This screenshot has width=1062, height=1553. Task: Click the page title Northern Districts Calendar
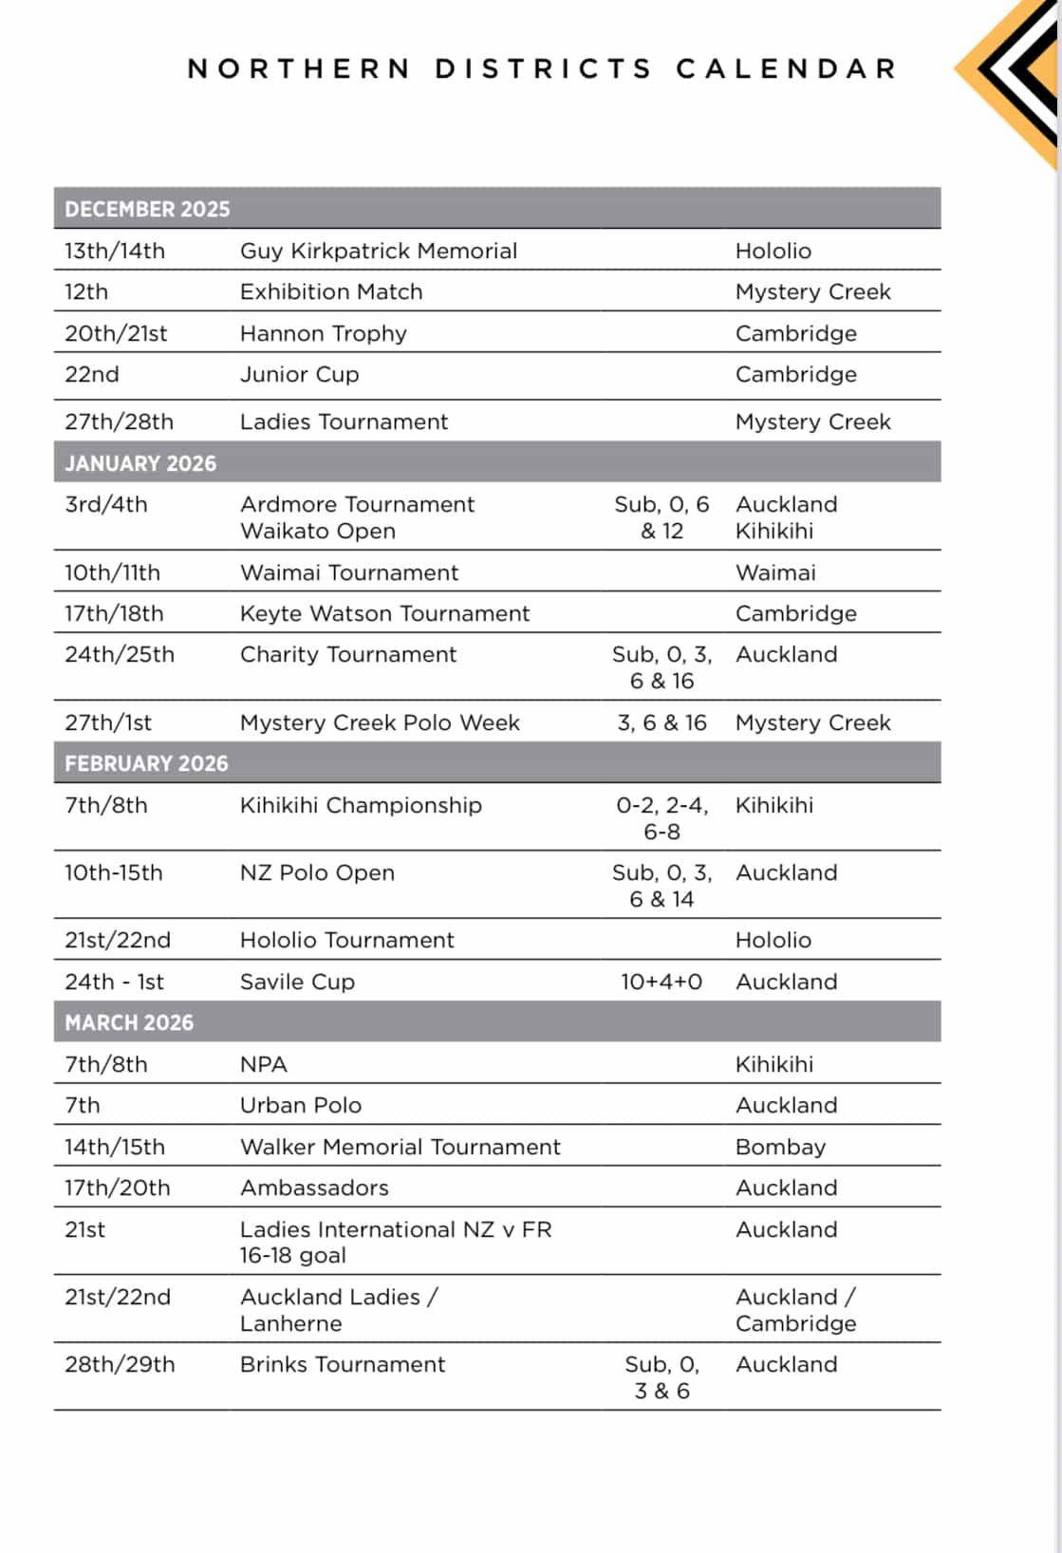coord(542,69)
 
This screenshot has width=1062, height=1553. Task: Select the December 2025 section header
coord(147,209)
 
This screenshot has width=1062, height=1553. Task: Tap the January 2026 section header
coord(140,463)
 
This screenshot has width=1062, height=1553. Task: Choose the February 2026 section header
coord(146,763)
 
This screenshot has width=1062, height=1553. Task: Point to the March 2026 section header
coord(129,1022)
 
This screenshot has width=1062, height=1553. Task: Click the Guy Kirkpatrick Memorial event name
coord(378,251)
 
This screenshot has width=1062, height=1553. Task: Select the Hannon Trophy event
coord(323,333)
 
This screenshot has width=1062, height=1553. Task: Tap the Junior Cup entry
coord(299,374)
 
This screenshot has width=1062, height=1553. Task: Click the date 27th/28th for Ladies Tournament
coord(119,421)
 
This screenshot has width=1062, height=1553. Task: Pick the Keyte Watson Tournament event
coord(384,613)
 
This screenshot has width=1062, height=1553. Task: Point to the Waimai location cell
coord(775,572)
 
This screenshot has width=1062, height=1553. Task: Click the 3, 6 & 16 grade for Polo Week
coord(661,722)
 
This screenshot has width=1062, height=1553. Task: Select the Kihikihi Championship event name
coord(361,805)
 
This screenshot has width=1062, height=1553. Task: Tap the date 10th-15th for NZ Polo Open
coord(113,872)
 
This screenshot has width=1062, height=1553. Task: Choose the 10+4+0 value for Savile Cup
coord(661,982)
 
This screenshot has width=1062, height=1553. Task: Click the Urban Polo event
coord(300,1105)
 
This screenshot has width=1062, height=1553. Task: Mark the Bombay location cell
coord(780,1147)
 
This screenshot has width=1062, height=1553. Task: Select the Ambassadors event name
coord(314,1188)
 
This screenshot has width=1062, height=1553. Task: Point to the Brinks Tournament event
coord(342,1364)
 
